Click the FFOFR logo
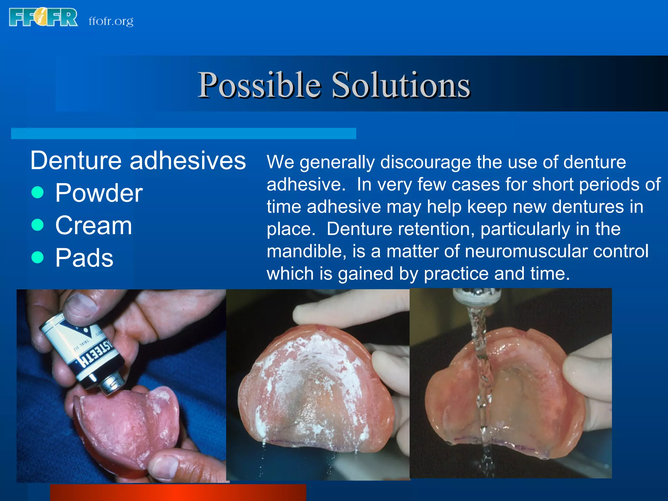[x=43, y=17]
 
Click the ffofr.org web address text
[x=111, y=22]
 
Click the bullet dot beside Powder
[x=38, y=192]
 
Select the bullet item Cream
[x=94, y=225]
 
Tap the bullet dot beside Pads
[x=38, y=257]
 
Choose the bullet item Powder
[x=99, y=193]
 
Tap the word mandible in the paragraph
[x=306, y=251]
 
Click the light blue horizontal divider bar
[x=183, y=133]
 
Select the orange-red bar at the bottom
[x=178, y=493]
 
